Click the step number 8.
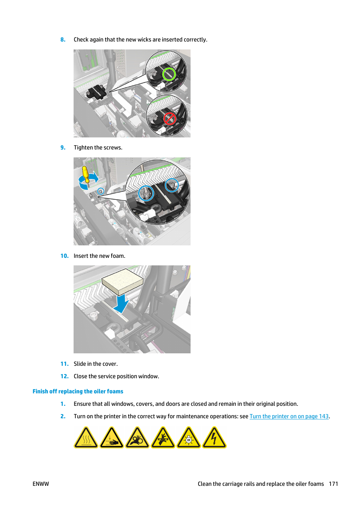pos(63,40)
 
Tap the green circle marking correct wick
pos(169,74)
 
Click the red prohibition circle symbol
pos(169,119)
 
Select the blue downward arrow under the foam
pos(122,304)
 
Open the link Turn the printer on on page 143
pos(289,416)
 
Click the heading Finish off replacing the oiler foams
pos(78,391)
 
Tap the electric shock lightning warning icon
pos(214,438)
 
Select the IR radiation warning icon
pos(189,438)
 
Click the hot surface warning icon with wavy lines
pos(86,438)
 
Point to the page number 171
pos(333,484)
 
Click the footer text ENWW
pos(41,484)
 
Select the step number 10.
pos(64,256)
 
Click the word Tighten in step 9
pos(83,148)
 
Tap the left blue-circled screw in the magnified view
pos(146,194)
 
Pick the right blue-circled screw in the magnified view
pos(172,185)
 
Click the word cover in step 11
pos(109,364)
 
